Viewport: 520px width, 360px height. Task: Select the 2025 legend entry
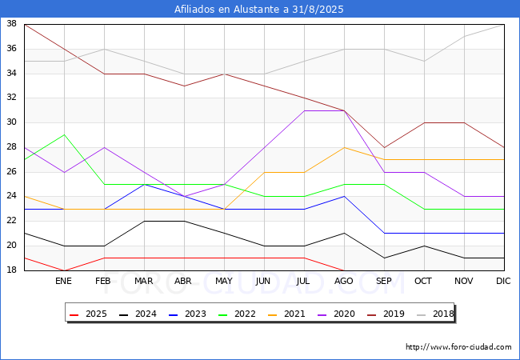pos(88,314)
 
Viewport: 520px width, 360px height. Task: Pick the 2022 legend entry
pos(237,314)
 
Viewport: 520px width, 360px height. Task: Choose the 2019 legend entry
pos(386,314)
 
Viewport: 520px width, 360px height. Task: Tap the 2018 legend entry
pos(435,314)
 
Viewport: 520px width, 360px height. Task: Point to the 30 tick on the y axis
pos(11,122)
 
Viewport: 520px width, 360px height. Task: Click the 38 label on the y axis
pos(11,24)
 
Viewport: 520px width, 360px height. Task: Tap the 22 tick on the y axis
pos(11,221)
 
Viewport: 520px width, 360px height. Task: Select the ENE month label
pos(63,281)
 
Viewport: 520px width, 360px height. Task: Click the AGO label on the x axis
pos(343,281)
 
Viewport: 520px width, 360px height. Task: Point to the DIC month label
pos(503,281)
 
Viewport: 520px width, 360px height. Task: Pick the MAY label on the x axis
pos(224,281)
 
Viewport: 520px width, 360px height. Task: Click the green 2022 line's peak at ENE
pos(64,135)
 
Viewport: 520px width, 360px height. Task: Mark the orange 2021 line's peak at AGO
pos(344,147)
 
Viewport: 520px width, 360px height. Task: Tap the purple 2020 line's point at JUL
pos(305,110)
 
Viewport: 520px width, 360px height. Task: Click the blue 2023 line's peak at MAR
pos(144,184)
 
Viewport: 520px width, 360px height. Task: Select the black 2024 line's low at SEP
pos(384,258)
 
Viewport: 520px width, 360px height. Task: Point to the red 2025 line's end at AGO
pos(344,270)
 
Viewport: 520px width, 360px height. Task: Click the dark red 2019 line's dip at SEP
pos(384,147)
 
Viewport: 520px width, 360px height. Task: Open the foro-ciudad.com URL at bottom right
pos(458,347)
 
